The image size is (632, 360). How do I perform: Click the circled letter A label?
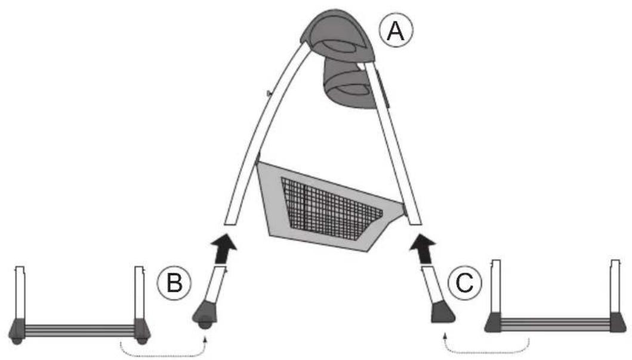pyautogui.click(x=396, y=31)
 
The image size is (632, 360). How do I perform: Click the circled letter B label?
pyautogui.click(x=174, y=283)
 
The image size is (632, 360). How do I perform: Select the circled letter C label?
pyautogui.click(x=464, y=283)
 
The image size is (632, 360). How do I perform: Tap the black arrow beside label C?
pyautogui.click(x=423, y=249)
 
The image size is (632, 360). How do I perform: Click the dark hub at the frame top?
pyautogui.click(x=338, y=35)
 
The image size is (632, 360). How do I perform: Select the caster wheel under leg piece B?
pyautogui.click(x=205, y=324)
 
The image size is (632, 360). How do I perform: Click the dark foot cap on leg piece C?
pyautogui.click(x=443, y=313)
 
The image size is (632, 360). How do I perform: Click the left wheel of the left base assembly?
pyautogui.click(x=17, y=341)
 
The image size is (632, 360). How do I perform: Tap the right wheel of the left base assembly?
pyautogui.click(x=141, y=341)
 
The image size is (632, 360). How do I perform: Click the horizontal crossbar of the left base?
pyautogui.click(x=79, y=330)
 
